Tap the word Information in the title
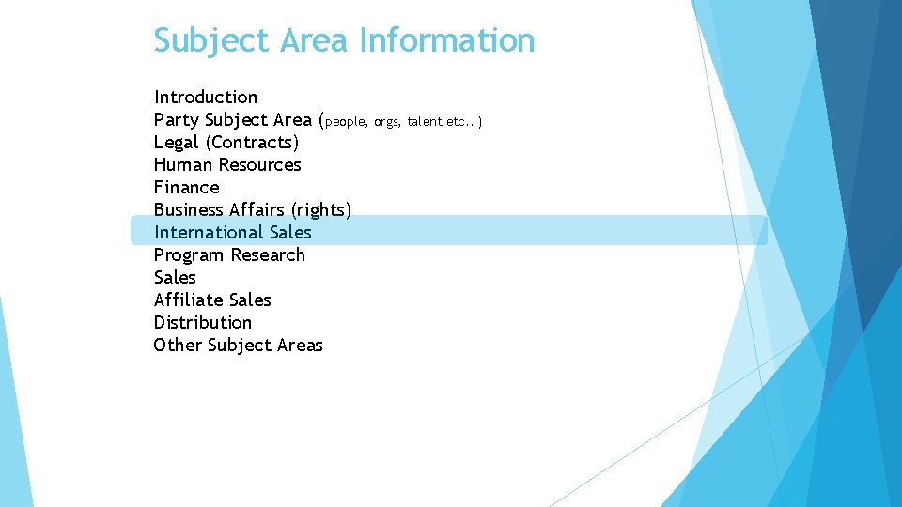[446, 41]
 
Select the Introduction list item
[206, 97]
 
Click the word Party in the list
[177, 119]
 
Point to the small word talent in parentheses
[425, 121]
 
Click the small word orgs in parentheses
[386, 121]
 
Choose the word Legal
[177, 142]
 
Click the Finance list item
[186, 187]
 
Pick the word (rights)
[321, 209]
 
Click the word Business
[189, 209]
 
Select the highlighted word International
[209, 232]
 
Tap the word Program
[190, 254]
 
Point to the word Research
[268, 254]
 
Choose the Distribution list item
[203, 322]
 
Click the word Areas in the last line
[300, 345]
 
